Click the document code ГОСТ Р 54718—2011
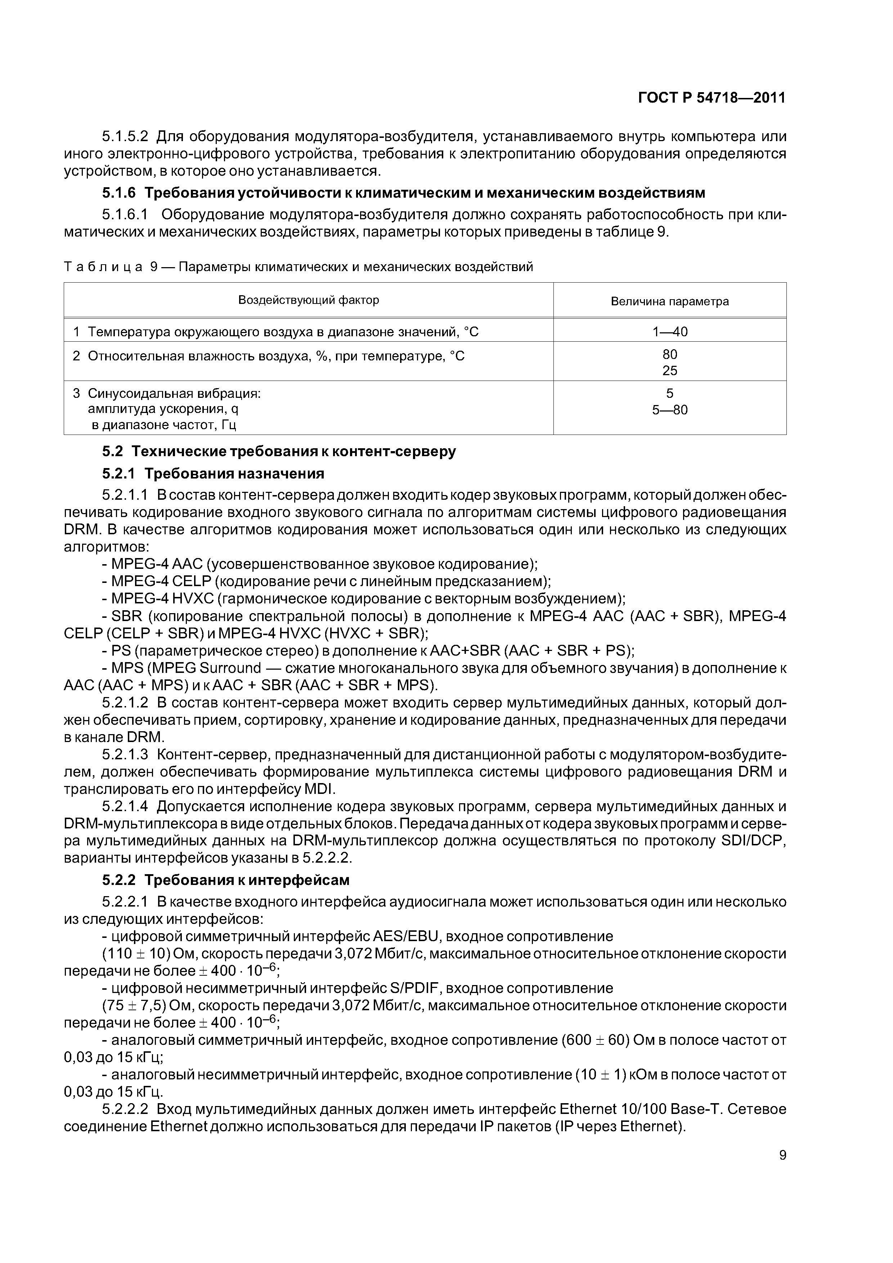coord(712,98)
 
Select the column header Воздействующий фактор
coord(308,300)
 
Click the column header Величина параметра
coord(670,301)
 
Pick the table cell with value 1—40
coord(670,332)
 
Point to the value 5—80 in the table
coord(670,410)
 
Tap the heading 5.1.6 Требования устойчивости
coord(403,193)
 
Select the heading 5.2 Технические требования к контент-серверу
coord(279,451)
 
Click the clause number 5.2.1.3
coord(125,755)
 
